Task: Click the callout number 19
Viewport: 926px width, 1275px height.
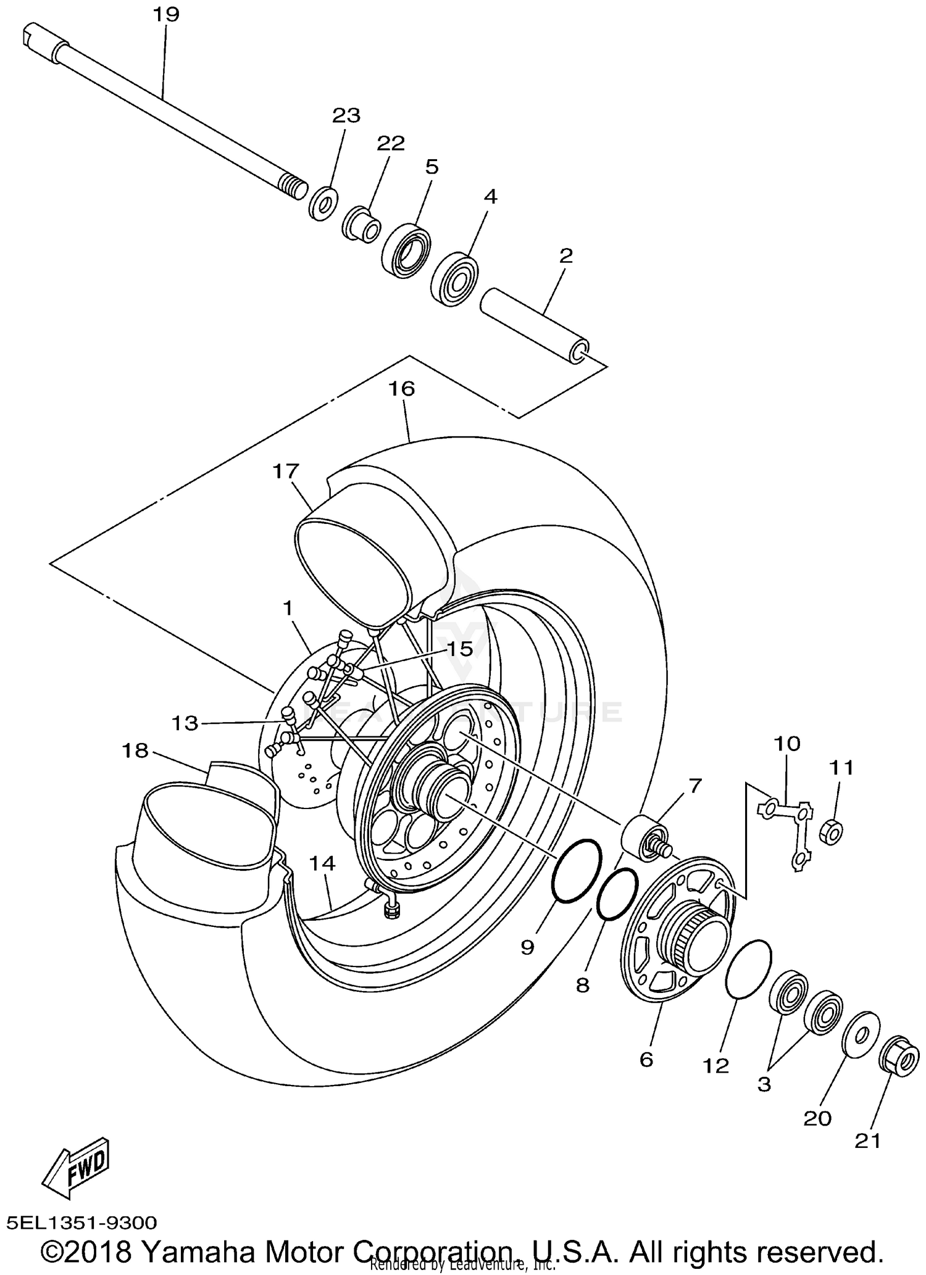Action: [165, 14]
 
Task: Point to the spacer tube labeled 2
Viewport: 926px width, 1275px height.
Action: [535, 326]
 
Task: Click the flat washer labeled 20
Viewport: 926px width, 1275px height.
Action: [861, 1033]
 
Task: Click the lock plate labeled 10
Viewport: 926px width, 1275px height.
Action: [788, 831]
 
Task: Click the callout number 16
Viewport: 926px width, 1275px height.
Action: [401, 389]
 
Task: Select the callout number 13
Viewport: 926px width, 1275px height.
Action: [185, 723]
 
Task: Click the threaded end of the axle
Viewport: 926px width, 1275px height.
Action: [293, 185]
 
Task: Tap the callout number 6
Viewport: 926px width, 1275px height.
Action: [646, 1060]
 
